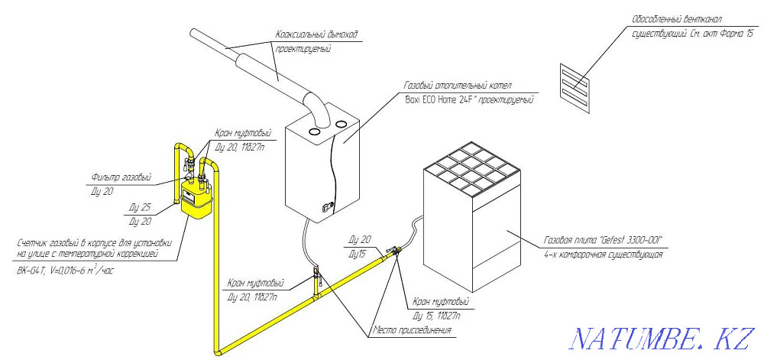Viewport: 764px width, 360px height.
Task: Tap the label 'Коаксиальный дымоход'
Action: pyautogui.click(x=316, y=34)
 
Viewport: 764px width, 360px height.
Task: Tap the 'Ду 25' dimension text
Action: pyautogui.click(x=140, y=207)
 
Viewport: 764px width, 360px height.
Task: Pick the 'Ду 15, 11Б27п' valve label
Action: pyautogui.click(x=435, y=315)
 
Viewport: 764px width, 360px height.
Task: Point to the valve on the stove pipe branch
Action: pyautogui.click(x=395, y=251)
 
